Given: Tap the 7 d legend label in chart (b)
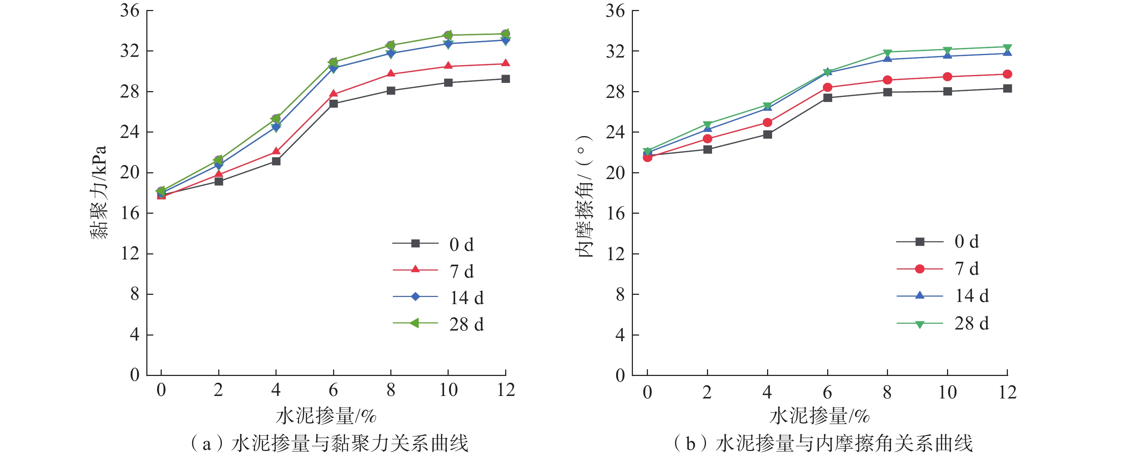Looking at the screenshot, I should (966, 269).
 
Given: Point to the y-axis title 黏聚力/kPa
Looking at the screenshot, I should (99, 192).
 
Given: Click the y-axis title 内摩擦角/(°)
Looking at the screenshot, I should (584, 197).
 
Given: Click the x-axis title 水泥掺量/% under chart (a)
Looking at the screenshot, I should (326, 415).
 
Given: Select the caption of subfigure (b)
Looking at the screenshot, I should (823, 443).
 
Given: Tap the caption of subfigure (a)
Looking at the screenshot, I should (330, 443).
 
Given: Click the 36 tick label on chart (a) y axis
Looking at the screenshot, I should (130, 10).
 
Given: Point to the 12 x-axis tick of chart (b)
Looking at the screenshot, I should (1008, 392).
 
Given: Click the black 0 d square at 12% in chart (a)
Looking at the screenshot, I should (506, 79).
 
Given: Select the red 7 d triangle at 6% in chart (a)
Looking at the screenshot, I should (333, 94).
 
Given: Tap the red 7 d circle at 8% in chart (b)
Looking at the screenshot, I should (887, 80).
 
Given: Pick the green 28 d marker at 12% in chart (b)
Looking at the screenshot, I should (1007, 47).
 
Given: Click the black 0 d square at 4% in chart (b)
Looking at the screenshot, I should (767, 135).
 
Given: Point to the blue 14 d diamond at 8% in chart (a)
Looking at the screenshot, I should (391, 53).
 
